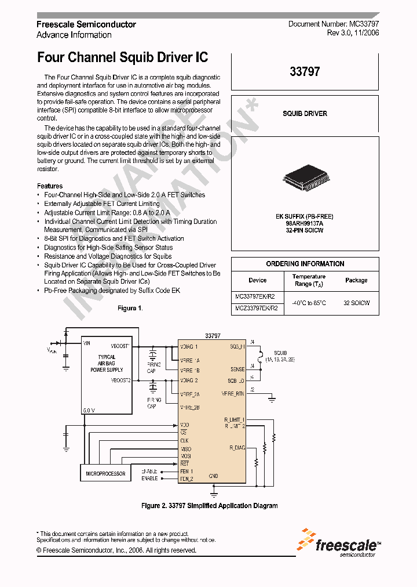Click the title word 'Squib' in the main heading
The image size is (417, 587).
point(137,57)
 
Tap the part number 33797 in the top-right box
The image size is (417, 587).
point(305,72)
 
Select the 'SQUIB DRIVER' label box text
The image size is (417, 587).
point(305,114)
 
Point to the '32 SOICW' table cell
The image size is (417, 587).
point(356,303)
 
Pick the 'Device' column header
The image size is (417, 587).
point(258,280)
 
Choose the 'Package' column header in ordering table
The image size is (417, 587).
point(356,280)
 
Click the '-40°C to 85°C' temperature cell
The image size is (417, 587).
point(309,303)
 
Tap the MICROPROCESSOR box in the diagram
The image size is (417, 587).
point(106,473)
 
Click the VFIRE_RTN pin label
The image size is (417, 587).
point(233,393)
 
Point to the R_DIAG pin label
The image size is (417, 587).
point(237,447)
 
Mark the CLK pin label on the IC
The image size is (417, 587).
point(185,440)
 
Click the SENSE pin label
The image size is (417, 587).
point(237,368)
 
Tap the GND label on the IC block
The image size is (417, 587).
point(213,476)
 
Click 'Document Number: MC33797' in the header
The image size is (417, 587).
point(334,24)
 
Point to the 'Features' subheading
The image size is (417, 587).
point(49,186)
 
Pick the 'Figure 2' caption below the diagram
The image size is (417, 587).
point(209,506)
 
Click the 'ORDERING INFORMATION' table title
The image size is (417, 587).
point(305,264)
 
